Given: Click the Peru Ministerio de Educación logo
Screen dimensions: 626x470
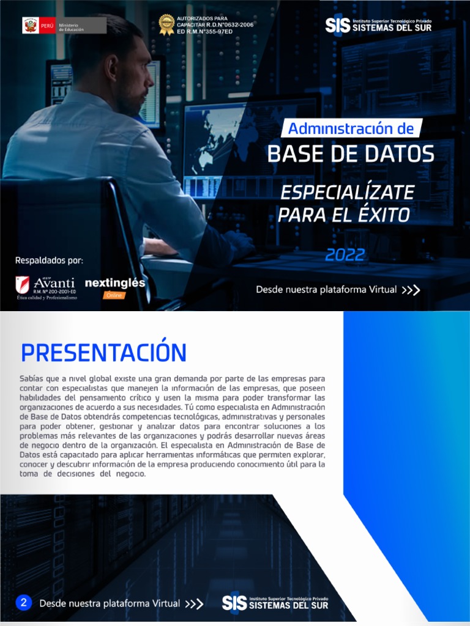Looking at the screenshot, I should tap(64, 26).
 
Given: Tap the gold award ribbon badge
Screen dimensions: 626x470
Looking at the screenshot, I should tap(166, 24).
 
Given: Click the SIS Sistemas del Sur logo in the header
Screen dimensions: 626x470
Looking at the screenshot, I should tap(378, 25).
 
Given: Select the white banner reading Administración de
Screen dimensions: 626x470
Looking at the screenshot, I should tap(351, 128).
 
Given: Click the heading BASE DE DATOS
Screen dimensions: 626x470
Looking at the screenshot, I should tap(351, 154).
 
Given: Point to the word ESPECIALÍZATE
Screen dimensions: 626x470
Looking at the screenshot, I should tap(347, 192).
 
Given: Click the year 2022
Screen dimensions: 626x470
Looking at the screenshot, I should tap(345, 254).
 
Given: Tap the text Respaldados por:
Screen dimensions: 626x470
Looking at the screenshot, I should tap(49, 261).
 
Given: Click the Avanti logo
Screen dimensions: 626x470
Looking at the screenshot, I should tap(46, 287).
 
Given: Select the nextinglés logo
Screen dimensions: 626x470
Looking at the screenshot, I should tap(115, 283).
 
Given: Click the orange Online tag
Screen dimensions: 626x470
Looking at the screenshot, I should tap(114, 295).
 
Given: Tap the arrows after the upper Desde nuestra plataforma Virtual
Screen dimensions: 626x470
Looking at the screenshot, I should tap(411, 290).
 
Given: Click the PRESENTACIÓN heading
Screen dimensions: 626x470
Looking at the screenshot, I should tap(103, 353).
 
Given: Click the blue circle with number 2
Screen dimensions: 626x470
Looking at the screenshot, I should tap(23, 603).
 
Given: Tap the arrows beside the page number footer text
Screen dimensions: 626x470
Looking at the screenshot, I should tap(194, 604).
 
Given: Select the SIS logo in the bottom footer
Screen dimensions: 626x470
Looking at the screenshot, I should tap(275, 603).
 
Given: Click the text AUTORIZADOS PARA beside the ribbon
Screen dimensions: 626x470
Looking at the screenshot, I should tap(201, 18).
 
